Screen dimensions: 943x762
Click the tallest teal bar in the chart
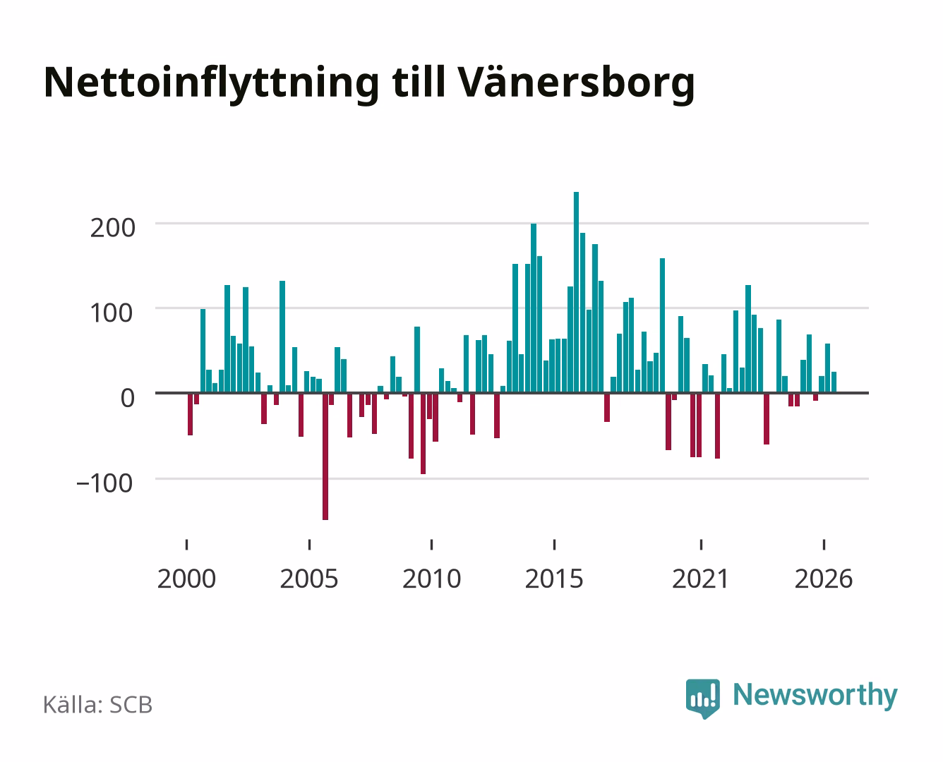click(576, 292)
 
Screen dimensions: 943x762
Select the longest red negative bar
click(325, 456)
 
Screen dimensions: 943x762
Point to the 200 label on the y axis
click(112, 229)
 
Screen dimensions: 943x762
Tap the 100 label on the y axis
click(111, 313)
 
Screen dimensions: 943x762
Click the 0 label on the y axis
click(128, 398)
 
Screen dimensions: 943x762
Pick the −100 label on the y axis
click(104, 483)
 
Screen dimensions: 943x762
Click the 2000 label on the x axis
click(186, 579)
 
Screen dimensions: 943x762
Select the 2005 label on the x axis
click(309, 579)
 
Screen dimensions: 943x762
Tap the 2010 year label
click(432, 579)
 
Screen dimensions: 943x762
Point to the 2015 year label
click(554, 579)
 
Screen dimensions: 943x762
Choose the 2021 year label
click(700, 579)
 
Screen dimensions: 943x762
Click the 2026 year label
click(824, 579)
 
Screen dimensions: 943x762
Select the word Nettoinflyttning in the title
click(211, 84)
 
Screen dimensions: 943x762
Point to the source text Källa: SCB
click(97, 705)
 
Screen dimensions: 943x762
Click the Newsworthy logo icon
click(702, 698)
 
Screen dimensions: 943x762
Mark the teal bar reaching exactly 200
click(534, 308)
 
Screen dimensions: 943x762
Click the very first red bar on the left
click(191, 413)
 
